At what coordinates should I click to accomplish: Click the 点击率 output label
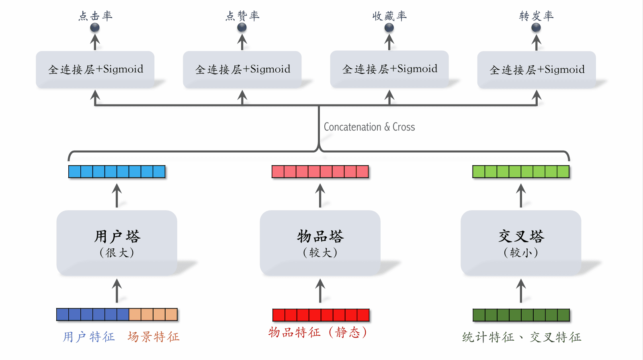coord(95,16)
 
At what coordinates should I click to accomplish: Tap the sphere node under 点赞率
coord(242,27)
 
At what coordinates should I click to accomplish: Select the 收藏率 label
coord(389,16)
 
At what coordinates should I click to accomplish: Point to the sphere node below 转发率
coord(536,27)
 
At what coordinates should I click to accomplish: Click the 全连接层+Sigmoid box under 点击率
coord(95,70)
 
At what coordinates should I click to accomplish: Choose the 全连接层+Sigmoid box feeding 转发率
coord(537,70)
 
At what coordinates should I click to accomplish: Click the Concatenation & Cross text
coord(369,127)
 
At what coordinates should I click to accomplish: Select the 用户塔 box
coord(117,243)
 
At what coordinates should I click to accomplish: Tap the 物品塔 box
coord(320,243)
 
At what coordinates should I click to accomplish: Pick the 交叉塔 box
coord(521,243)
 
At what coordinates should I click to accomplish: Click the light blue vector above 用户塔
coord(117,172)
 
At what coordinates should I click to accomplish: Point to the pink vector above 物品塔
coord(320,172)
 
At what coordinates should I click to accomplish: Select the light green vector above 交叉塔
coord(521,172)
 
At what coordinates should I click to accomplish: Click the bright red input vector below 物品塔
coord(321,315)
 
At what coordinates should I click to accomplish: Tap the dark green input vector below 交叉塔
coord(521,315)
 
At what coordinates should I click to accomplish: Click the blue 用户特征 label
coord(89,337)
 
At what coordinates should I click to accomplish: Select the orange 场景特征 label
coord(154,337)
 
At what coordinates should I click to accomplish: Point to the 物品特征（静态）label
coord(317,332)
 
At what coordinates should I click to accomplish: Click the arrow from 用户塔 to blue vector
coord(117,196)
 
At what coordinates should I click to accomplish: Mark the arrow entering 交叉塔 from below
coord(521,291)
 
